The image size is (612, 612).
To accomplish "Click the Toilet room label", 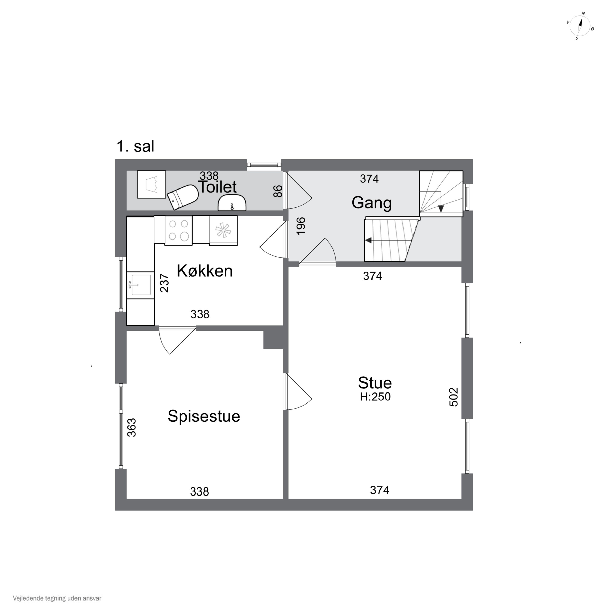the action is pyautogui.click(x=217, y=187).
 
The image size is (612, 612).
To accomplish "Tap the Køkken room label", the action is pyautogui.click(x=205, y=271).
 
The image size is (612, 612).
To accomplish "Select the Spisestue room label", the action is pyautogui.click(x=204, y=416).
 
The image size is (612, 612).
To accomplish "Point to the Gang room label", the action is pyautogui.click(x=371, y=203).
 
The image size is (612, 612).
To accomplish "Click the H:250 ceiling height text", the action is pyautogui.click(x=375, y=397).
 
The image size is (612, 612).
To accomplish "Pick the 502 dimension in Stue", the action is pyautogui.click(x=454, y=397).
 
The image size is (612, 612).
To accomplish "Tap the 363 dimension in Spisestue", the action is pyautogui.click(x=131, y=428).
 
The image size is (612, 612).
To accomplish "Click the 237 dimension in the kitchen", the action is pyautogui.click(x=164, y=283).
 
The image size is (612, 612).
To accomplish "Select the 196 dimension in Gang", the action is pyautogui.click(x=301, y=226).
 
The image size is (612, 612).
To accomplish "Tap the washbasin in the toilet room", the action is pyautogui.click(x=232, y=203).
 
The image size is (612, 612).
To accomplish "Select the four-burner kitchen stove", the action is pyautogui.click(x=178, y=231).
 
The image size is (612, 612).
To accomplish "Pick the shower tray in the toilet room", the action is pyautogui.click(x=151, y=185).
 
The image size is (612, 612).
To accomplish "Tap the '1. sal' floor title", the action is pyautogui.click(x=135, y=146).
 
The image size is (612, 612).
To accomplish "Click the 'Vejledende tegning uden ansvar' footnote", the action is pyautogui.click(x=57, y=598).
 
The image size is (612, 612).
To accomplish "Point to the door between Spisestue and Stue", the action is pyautogui.click(x=298, y=391).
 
